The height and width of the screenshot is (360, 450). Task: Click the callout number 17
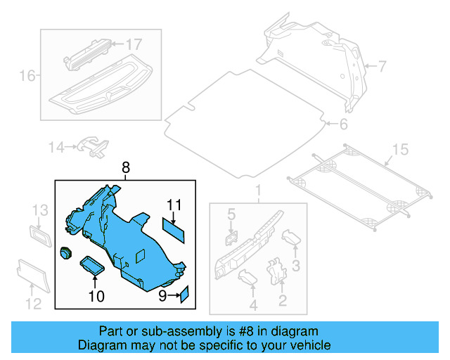tap(134, 44)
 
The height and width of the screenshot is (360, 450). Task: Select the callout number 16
tap(27, 75)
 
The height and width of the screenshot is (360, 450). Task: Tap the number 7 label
tap(382, 67)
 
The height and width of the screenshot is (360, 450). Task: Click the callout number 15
tap(399, 149)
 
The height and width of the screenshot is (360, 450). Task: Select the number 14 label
tap(56, 147)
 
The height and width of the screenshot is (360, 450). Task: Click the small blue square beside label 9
tap(185, 294)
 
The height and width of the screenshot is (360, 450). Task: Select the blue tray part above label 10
tap(92, 265)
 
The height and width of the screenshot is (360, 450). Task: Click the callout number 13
tap(40, 210)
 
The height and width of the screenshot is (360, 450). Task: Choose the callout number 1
tap(257, 191)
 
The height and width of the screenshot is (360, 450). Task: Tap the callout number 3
tap(296, 265)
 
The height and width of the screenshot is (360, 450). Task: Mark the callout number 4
tap(252, 305)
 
